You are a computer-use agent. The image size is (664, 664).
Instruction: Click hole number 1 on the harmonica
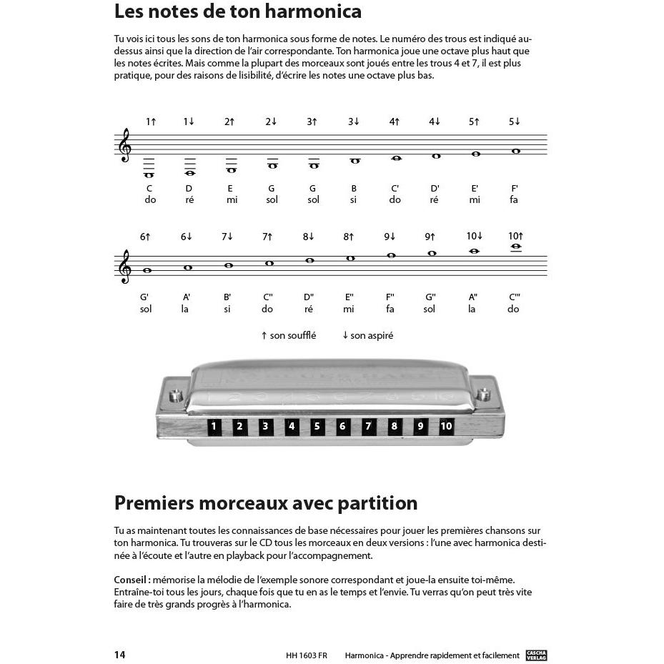pyautogui.click(x=213, y=427)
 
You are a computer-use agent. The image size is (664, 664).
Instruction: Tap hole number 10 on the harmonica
pyautogui.click(x=446, y=427)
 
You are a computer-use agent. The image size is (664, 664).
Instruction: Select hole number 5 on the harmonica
pyautogui.click(x=317, y=427)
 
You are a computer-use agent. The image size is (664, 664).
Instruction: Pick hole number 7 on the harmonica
pyautogui.click(x=368, y=427)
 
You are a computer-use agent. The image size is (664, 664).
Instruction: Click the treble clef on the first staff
pyautogui.click(x=125, y=145)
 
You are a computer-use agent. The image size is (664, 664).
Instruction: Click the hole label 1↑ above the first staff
pyautogui.click(x=151, y=122)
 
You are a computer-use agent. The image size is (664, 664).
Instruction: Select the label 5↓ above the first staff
pyautogui.click(x=515, y=122)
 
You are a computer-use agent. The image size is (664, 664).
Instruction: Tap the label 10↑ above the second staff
pyautogui.click(x=515, y=236)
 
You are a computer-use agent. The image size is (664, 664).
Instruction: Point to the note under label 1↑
pyautogui.click(x=149, y=174)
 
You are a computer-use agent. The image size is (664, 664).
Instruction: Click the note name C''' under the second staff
pyautogui.click(x=514, y=297)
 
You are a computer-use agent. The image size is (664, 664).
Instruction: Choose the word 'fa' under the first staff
pyautogui.click(x=514, y=200)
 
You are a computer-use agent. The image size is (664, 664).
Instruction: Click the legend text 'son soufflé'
pyautogui.click(x=292, y=335)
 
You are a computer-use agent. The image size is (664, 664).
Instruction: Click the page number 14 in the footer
pyautogui.click(x=119, y=655)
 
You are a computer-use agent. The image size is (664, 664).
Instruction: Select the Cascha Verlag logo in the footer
pyautogui.click(x=536, y=655)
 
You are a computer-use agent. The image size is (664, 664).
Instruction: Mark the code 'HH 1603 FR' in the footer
pyautogui.click(x=306, y=655)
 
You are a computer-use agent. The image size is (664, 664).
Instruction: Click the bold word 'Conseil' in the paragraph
pyautogui.click(x=131, y=580)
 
